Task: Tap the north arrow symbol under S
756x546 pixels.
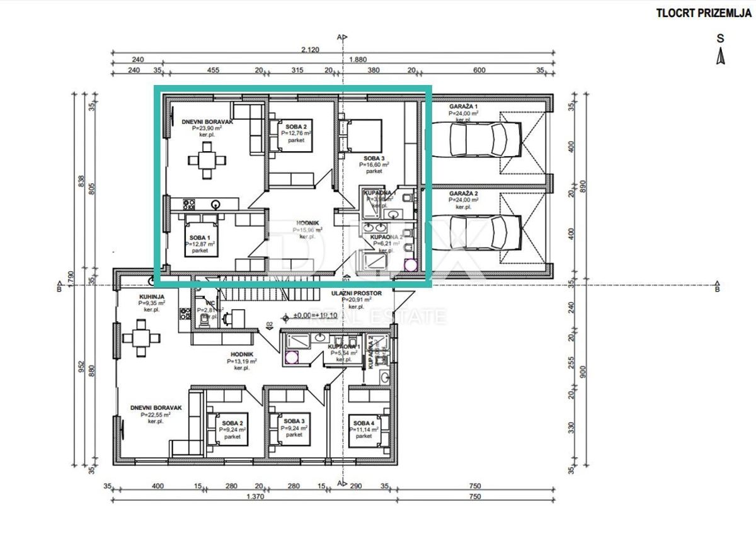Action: tap(721, 57)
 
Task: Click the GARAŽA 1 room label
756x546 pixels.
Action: tap(463, 106)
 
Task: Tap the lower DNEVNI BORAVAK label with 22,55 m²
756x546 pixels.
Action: tap(156, 408)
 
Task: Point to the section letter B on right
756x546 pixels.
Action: tap(717, 290)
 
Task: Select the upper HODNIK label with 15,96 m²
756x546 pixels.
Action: tap(307, 222)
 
